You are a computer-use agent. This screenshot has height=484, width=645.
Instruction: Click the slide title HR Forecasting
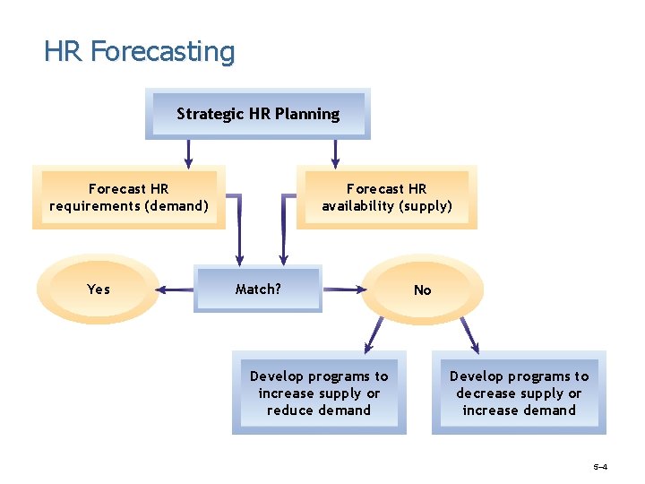coord(139,51)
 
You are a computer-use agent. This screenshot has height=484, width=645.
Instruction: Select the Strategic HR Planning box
coord(258,114)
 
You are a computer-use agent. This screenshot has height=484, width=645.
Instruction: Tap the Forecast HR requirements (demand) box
coord(129,197)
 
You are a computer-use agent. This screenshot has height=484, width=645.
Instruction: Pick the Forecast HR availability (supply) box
coord(387,197)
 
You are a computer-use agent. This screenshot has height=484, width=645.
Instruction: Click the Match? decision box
coord(258,290)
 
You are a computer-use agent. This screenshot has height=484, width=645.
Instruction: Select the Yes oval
coord(99,289)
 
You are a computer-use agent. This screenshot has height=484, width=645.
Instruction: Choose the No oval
coord(422,290)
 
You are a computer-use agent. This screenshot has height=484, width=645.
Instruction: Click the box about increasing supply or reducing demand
coord(319,393)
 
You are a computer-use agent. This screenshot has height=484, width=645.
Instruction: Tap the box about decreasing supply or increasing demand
coord(519,393)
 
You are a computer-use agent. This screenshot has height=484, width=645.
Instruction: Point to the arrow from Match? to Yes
coord(176,290)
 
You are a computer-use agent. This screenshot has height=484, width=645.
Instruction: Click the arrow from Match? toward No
coord(343,290)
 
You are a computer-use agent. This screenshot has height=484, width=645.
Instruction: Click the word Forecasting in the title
coord(162,51)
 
